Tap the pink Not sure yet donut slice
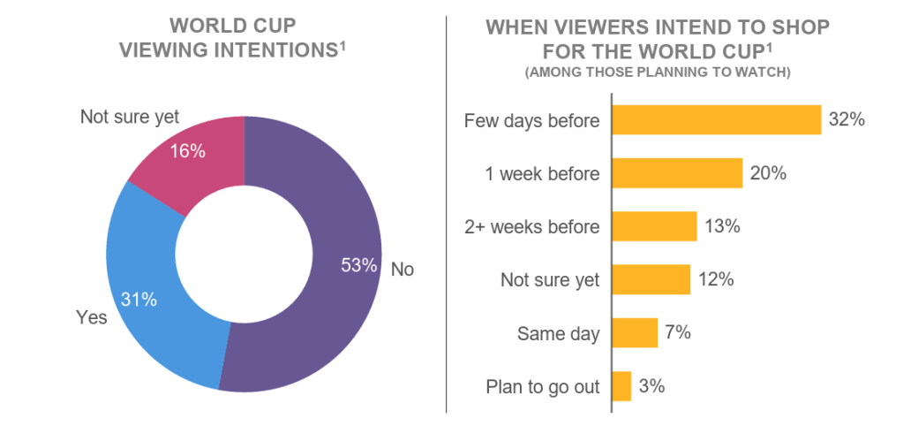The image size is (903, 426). click(190, 159)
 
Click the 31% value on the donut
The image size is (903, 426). click(139, 300)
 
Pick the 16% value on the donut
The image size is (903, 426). click(187, 151)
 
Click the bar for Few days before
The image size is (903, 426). click(716, 120)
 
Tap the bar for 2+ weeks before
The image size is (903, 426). click(654, 226)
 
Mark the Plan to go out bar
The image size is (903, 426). click(621, 386)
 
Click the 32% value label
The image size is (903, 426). click(846, 120)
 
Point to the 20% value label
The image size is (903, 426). click(768, 173)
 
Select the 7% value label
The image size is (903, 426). click(678, 333)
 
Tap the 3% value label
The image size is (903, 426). click(651, 386)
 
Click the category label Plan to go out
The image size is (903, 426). click(543, 386)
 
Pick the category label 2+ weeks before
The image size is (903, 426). click(532, 227)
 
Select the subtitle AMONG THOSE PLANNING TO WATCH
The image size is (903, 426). click(658, 72)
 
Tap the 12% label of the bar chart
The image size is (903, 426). click(716, 280)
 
